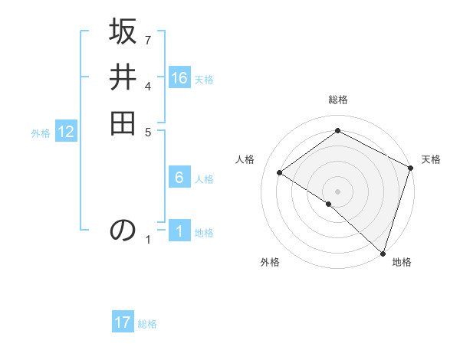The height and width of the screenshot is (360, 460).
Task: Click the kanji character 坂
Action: [123, 34]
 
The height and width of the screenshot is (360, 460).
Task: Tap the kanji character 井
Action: [123, 78]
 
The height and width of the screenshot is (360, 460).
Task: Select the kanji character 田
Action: [123, 122]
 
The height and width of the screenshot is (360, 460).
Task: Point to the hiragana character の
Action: [123, 230]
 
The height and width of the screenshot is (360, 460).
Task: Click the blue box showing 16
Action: [179, 78]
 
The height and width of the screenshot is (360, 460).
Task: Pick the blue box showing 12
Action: [66, 133]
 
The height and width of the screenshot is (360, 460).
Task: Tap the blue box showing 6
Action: [179, 178]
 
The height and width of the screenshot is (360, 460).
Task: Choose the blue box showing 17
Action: [123, 322]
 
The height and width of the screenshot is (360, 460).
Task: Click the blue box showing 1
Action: [179, 231]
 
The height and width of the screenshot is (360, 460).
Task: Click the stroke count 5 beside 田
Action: [148, 131]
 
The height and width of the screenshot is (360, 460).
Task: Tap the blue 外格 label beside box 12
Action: [41, 133]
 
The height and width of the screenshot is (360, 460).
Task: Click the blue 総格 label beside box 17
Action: [147, 324]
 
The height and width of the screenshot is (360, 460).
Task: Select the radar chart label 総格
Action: [338, 100]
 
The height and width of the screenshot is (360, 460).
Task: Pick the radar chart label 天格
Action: [431, 159]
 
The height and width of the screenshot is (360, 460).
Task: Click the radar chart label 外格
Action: [269, 262]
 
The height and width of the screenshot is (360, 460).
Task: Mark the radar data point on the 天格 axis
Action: [411, 168]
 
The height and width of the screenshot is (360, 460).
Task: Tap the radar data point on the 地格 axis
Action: [383, 252]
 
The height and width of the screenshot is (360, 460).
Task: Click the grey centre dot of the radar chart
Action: [338, 191]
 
